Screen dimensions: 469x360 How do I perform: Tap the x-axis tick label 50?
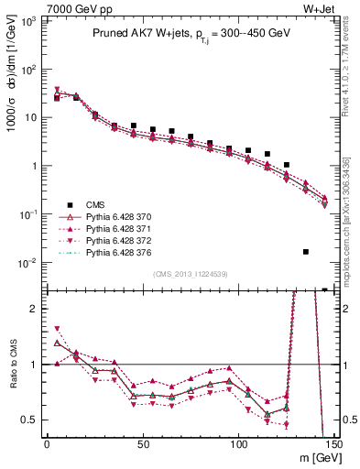point(142,446)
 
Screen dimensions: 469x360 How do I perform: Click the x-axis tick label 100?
point(238,446)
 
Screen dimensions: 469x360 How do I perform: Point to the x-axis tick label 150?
point(334,446)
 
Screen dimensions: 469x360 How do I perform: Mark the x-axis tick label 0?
point(47,446)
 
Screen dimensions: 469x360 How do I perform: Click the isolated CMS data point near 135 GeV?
point(306,251)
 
